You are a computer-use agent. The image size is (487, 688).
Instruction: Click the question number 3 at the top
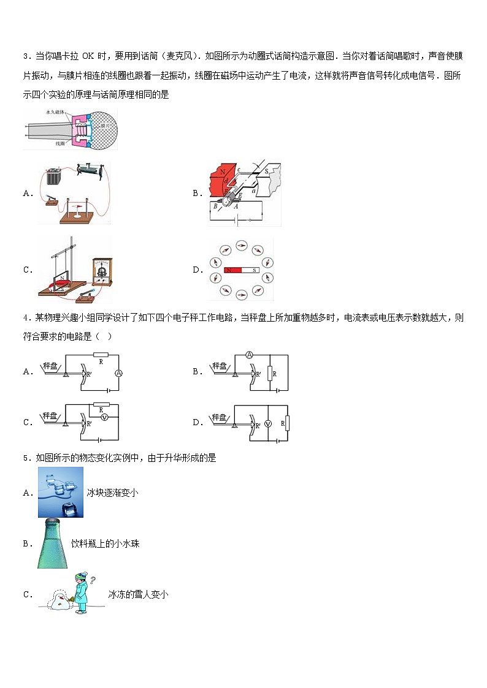(26, 57)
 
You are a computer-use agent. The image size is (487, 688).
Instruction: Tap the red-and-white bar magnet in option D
(242, 270)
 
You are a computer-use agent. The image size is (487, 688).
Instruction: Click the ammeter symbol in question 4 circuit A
(119, 372)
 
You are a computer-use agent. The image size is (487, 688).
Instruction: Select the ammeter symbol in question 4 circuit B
(250, 355)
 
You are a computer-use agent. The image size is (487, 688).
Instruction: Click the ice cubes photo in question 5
(60, 492)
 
